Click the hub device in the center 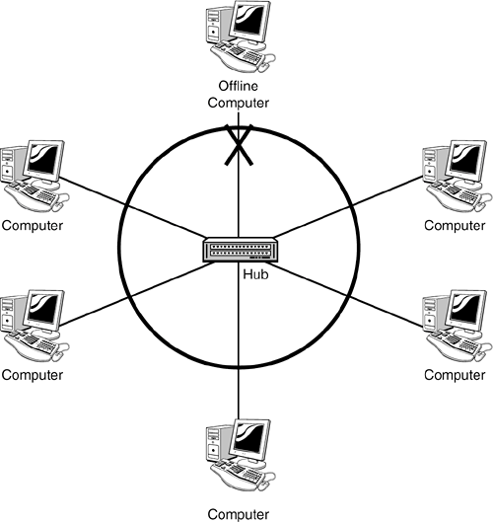241,250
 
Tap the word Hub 255,274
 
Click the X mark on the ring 239,145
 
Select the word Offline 239,86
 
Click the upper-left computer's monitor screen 44,160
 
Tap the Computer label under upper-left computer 33,225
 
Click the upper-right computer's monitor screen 466,160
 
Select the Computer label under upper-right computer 455,225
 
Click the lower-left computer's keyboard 31,344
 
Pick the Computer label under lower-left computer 33,375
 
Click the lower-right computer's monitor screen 466,310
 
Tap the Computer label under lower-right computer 455,375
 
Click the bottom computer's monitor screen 250,439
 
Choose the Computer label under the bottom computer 239,514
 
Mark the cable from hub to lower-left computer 137,294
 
